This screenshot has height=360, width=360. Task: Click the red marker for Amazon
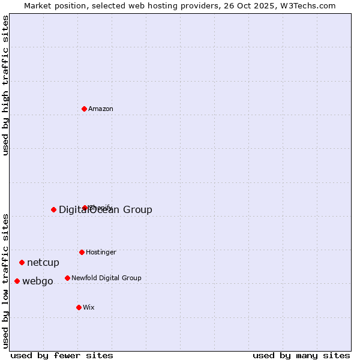point(85,109)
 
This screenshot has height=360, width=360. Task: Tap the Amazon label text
point(101,109)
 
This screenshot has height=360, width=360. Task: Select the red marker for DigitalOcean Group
point(53,209)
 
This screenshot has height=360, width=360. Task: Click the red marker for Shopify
point(85,208)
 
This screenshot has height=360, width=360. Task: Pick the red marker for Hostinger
point(82,252)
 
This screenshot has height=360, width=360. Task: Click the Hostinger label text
point(101,253)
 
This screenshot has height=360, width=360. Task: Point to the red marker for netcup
point(22,262)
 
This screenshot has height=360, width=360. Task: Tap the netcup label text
point(43,263)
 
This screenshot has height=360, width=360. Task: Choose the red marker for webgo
point(17,281)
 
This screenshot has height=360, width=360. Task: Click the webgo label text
point(38,281)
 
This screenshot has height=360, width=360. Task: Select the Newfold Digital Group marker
point(67,278)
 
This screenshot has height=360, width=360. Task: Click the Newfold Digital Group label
point(106,278)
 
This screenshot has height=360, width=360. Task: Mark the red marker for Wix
point(79,307)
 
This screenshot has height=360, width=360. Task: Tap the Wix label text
point(89,308)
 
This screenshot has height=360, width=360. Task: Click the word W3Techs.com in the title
point(310,6)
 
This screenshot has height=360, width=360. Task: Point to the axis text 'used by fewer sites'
point(62,355)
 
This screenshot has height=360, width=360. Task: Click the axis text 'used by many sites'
point(301,355)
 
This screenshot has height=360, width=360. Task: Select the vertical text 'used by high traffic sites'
point(6,85)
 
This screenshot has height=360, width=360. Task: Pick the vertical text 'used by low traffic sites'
point(6,280)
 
